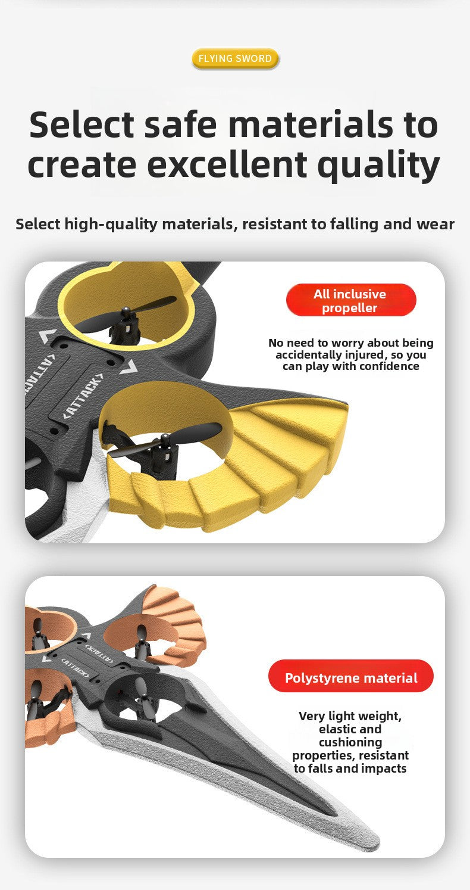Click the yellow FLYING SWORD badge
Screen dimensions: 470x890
[236, 58]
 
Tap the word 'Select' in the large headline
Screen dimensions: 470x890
[82, 125]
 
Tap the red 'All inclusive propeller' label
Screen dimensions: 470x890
[351, 300]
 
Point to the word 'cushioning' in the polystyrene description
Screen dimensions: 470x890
[350, 742]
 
